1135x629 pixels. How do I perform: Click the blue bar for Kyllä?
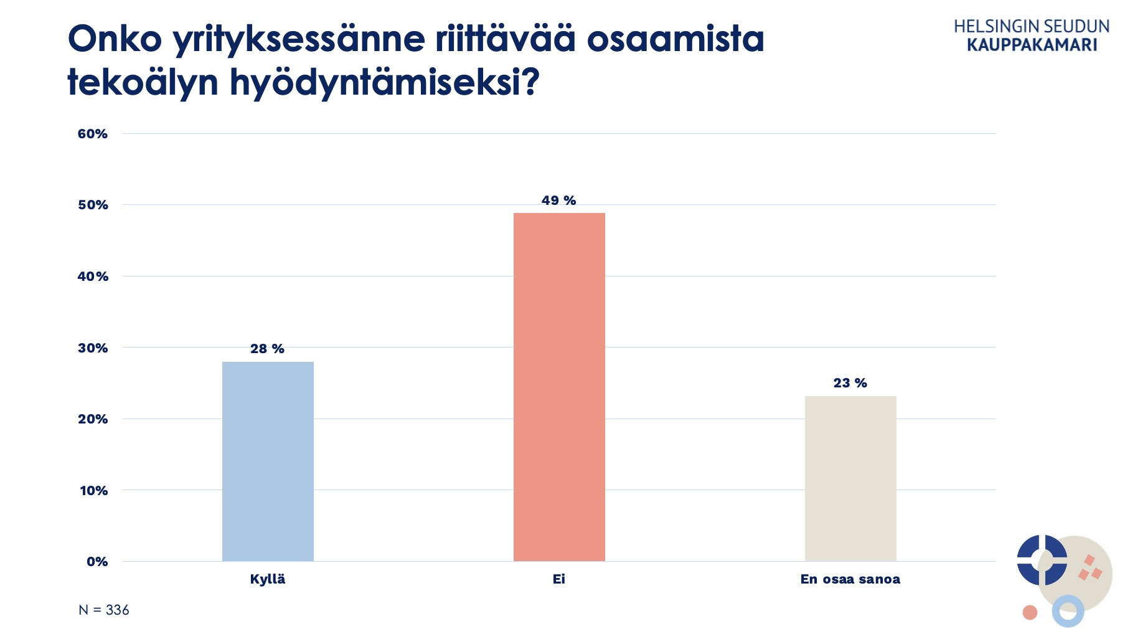point(268,461)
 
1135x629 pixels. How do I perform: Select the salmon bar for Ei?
point(559,387)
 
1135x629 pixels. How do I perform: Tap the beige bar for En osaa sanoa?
point(850,478)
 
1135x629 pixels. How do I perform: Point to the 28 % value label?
point(267,349)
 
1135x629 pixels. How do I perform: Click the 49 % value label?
point(558,201)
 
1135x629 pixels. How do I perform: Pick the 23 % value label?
point(850,383)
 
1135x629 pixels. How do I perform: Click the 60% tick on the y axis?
point(93,134)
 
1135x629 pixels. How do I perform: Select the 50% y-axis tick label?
point(93,205)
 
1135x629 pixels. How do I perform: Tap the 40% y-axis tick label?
point(93,277)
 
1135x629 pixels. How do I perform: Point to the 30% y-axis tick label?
point(93,348)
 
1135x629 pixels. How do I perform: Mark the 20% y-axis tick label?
point(93,419)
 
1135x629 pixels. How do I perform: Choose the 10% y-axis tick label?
point(93,491)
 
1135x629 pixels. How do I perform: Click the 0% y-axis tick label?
point(97,562)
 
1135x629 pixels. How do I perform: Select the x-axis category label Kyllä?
point(268,579)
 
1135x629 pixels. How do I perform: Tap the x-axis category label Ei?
point(559,579)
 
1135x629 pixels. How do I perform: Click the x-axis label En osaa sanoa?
point(850,579)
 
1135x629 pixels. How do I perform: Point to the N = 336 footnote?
point(104,610)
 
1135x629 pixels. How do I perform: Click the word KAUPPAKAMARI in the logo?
point(1032,45)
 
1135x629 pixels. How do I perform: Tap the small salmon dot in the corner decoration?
point(1030,613)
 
